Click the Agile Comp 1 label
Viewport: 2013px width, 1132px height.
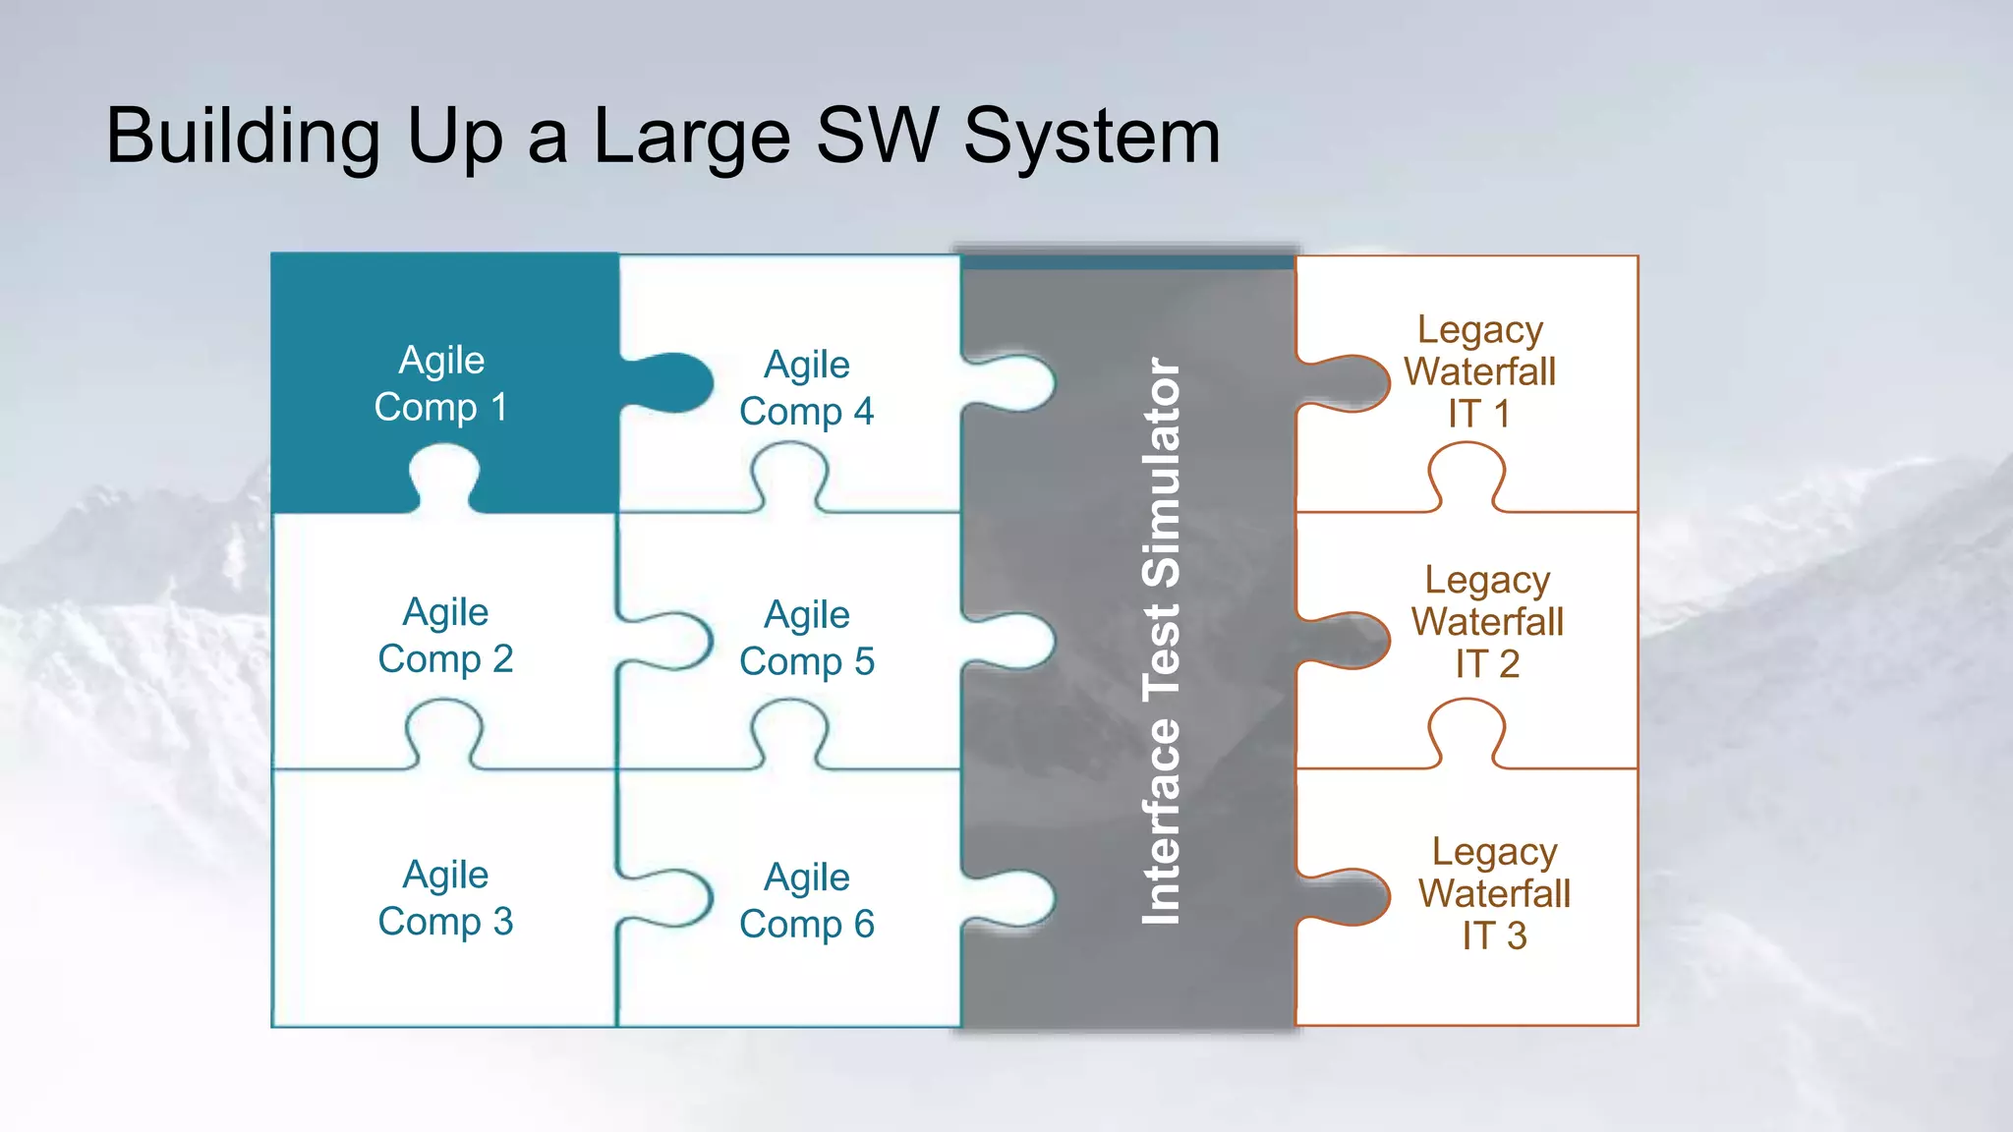[441, 383]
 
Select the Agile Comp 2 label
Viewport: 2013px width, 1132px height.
[445, 635]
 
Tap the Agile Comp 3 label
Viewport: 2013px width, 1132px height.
[445, 897]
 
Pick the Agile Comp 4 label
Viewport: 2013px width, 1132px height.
[806, 387]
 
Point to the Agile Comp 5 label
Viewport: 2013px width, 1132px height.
[806, 638]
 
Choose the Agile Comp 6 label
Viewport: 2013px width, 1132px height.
[806, 900]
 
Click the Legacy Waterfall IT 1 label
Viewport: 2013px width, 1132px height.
[1479, 371]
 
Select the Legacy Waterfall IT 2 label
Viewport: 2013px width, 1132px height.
[1487, 621]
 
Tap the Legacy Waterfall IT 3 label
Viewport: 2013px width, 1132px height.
[1494, 892]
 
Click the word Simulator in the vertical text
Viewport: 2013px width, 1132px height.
[1161, 472]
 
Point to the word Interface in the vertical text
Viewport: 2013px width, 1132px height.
[1161, 821]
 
